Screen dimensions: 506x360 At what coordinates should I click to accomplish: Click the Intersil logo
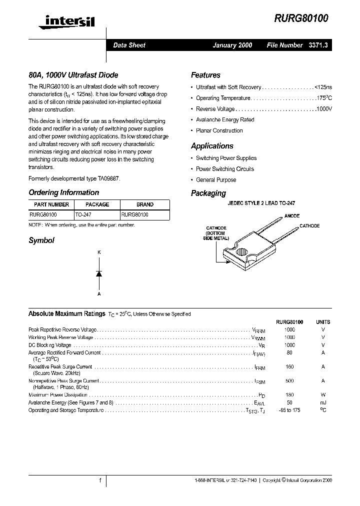click(x=62, y=20)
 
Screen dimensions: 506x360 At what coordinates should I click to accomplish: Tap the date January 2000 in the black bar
click(x=232, y=45)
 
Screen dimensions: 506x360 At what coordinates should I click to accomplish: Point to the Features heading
click(x=205, y=75)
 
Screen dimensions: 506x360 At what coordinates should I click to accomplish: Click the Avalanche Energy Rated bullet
click(x=225, y=120)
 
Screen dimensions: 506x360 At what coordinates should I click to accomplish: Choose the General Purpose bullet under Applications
click(x=216, y=180)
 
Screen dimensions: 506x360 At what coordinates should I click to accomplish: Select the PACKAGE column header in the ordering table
click(x=97, y=204)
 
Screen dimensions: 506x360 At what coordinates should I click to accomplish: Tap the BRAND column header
click(x=145, y=204)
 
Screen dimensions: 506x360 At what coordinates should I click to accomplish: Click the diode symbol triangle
click(x=99, y=273)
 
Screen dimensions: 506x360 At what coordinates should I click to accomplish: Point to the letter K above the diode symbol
click(x=99, y=253)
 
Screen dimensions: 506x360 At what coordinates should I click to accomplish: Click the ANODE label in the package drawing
click(x=291, y=216)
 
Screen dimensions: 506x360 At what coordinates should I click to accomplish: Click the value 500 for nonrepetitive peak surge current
click(x=289, y=381)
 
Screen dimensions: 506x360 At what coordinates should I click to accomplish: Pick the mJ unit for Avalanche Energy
click(x=323, y=402)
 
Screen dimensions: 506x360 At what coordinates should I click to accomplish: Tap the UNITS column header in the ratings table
click(x=323, y=322)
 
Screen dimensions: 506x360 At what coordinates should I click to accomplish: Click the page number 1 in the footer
click(x=100, y=480)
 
